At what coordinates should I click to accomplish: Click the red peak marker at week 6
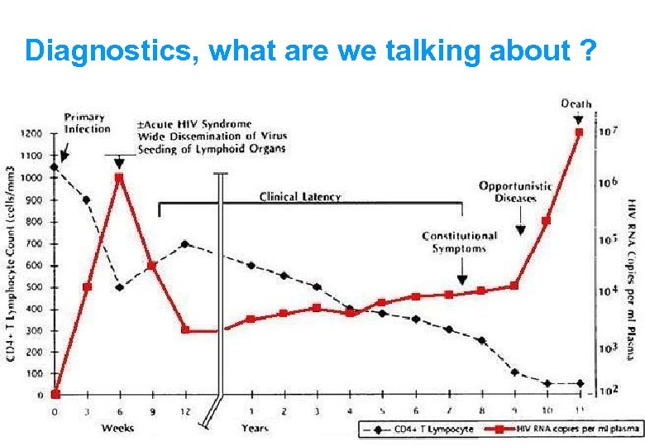(119, 177)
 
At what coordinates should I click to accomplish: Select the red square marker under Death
(579, 132)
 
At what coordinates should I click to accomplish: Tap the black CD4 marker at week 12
(184, 244)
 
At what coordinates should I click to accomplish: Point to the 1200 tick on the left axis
(31, 133)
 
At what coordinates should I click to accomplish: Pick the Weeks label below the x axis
(118, 428)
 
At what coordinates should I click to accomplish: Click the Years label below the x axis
(255, 428)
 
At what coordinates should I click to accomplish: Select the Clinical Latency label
(300, 197)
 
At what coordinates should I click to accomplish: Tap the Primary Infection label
(87, 123)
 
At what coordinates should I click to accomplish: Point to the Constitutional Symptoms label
(460, 242)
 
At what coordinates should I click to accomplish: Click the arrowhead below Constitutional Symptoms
(461, 280)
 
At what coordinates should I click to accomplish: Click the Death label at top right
(576, 103)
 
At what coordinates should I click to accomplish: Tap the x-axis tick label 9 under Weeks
(152, 411)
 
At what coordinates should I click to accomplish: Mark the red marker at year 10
(546, 221)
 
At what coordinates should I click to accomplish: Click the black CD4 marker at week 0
(55, 167)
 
